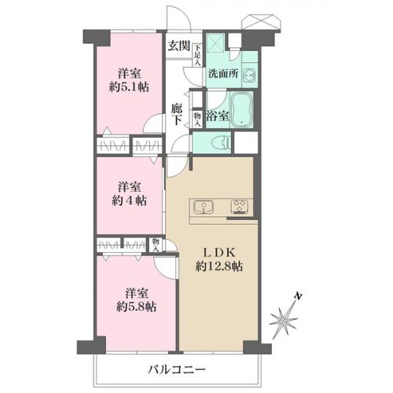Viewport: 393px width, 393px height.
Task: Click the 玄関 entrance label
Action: click(179, 46)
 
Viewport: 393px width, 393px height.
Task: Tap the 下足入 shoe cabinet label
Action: click(197, 55)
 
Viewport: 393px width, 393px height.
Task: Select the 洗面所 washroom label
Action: click(223, 74)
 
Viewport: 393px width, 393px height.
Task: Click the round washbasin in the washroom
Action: click(249, 75)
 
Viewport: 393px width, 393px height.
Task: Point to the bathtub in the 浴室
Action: click(242, 109)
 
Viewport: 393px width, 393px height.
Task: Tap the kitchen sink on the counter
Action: click(204, 206)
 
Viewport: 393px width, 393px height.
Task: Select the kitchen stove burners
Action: click(239, 207)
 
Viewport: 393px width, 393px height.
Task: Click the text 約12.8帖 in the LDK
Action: click(219, 266)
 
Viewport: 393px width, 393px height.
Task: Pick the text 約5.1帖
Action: click(129, 86)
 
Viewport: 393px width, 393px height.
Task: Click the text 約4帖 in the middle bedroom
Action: click(129, 201)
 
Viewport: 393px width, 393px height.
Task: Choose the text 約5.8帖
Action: click(136, 307)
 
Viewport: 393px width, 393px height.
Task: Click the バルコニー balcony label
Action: click(177, 370)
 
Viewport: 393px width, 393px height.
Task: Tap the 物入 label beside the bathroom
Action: click(197, 119)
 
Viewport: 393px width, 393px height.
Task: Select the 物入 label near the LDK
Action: click(156, 245)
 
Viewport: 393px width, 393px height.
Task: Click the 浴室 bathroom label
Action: click(218, 116)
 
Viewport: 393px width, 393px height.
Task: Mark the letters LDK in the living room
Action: click(219, 253)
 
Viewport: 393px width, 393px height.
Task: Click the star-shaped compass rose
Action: click(284, 320)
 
